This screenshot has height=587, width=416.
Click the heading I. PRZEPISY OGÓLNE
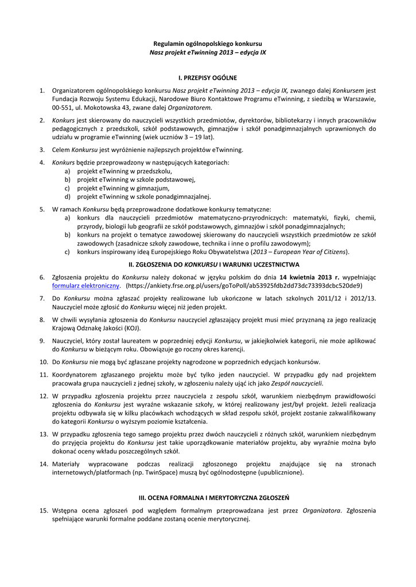[208, 77]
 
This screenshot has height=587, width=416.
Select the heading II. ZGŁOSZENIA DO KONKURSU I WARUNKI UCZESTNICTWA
[208, 265]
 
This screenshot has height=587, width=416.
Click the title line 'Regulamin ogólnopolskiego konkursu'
[208, 44]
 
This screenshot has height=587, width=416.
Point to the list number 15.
[43, 510]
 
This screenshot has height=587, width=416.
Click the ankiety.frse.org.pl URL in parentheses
[244, 285]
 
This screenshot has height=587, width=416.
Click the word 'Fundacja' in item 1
[66, 99]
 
